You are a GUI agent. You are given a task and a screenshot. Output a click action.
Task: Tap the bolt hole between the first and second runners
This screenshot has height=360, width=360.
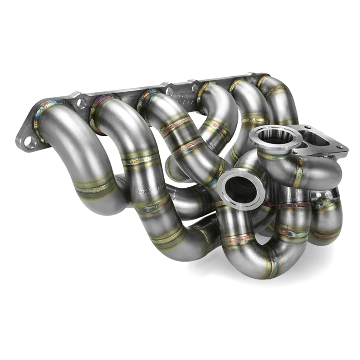click(81, 103)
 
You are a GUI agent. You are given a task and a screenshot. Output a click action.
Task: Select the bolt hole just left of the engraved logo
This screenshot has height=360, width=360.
click(169, 91)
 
